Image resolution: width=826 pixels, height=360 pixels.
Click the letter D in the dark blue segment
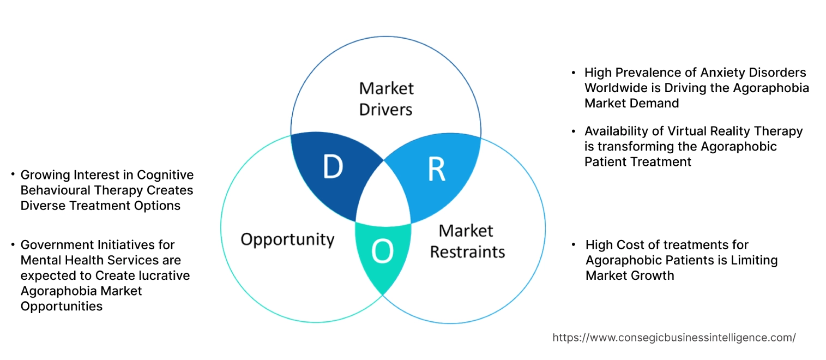tap(332, 167)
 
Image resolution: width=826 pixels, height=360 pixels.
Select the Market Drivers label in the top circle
tap(386, 99)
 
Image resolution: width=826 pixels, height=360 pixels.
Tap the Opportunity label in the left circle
tap(287, 239)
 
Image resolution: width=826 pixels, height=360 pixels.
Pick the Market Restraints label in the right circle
tap(467, 241)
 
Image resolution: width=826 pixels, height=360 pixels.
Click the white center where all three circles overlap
tap(383, 196)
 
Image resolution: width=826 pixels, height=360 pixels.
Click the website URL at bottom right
tap(674, 338)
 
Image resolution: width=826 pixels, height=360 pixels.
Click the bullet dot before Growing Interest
tap(13, 175)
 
